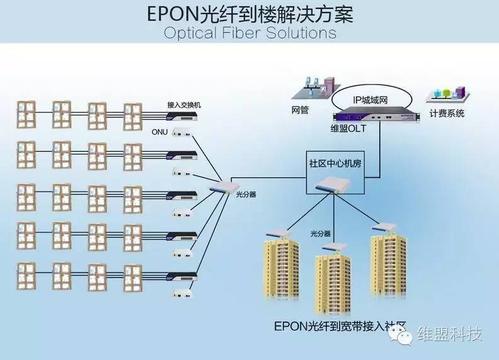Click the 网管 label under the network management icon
click(x=301, y=107)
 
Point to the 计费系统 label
click(x=446, y=114)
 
